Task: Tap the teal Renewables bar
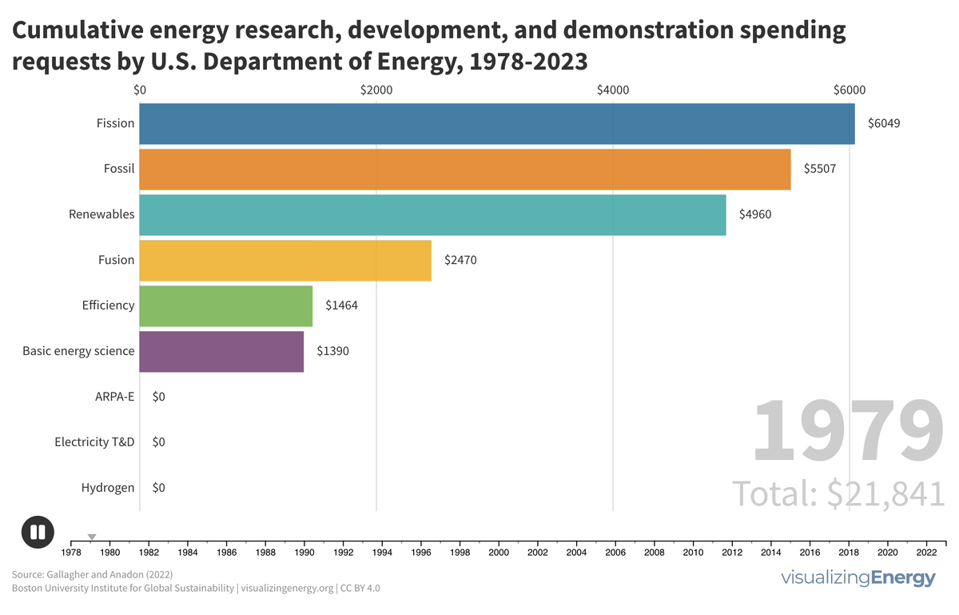pyautogui.click(x=432, y=215)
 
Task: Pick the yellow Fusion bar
pyautogui.click(x=285, y=261)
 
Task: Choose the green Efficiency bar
pyautogui.click(x=226, y=306)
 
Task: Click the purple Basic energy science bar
pyautogui.click(x=221, y=351)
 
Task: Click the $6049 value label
pyautogui.click(x=884, y=124)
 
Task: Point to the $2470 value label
pyautogui.click(x=460, y=261)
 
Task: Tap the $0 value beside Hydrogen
pyautogui.click(x=158, y=488)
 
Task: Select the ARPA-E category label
pyautogui.click(x=114, y=397)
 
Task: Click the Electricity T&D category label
pyautogui.click(x=94, y=442)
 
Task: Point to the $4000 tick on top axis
pyautogui.click(x=613, y=90)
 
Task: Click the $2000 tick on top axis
pyautogui.click(x=376, y=90)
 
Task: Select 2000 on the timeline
pyautogui.click(x=499, y=552)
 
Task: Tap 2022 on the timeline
pyautogui.click(x=926, y=552)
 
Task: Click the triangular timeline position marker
pyautogui.click(x=92, y=537)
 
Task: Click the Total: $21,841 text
pyautogui.click(x=839, y=493)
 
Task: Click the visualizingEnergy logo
pyautogui.click(x=858, y=579)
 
